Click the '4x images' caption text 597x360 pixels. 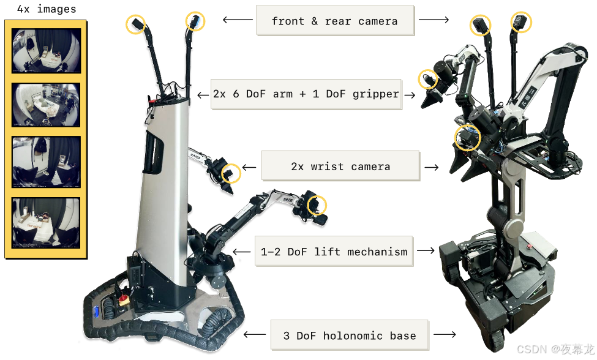(46, 9)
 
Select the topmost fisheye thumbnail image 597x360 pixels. (46, 51)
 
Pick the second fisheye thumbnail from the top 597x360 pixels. (46, 105)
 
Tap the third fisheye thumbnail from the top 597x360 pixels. (46, 162)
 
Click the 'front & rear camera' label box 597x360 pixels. (334, 21)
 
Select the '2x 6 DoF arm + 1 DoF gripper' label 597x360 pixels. (306, 94)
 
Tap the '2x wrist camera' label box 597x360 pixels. (340, 167)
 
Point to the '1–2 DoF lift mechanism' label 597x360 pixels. (334, 252)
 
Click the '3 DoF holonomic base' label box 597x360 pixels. (349, 336)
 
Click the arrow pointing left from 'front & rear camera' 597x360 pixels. (237, 20)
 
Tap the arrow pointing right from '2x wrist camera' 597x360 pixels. (431, 167)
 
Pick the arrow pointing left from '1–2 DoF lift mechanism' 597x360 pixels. (244, 252)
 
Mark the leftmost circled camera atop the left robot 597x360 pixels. (136, 24)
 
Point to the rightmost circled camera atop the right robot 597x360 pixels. (521, 23)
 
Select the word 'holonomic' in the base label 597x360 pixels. (355, 336)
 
